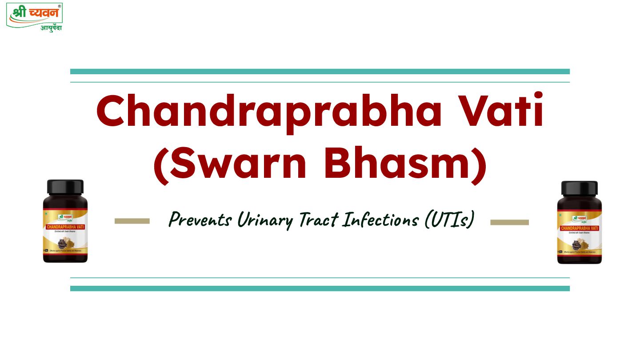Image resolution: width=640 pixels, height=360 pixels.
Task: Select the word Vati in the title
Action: click(500, 112)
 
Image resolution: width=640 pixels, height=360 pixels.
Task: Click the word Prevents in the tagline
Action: click(199, 219)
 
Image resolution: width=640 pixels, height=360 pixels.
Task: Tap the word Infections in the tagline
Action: click(382, 219)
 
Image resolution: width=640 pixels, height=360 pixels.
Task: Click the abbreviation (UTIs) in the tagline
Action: click(448, 220)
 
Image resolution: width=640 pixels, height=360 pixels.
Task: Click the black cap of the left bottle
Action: click(65, 187)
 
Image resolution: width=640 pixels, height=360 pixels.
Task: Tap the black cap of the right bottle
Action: click(580, 188)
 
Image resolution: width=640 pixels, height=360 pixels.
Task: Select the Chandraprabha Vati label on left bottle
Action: click(65, 227)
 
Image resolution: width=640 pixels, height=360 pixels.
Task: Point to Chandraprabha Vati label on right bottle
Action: click(580, 228)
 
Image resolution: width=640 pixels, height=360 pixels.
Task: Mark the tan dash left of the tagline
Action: click(132, 221)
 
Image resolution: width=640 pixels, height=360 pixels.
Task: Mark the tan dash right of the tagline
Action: click(509, 222)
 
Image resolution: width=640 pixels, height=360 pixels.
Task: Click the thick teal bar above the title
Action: click(320, 72)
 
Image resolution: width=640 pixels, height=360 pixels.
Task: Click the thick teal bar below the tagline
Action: click(320, 288)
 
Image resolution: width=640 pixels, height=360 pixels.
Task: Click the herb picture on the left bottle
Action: click(67, 244)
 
